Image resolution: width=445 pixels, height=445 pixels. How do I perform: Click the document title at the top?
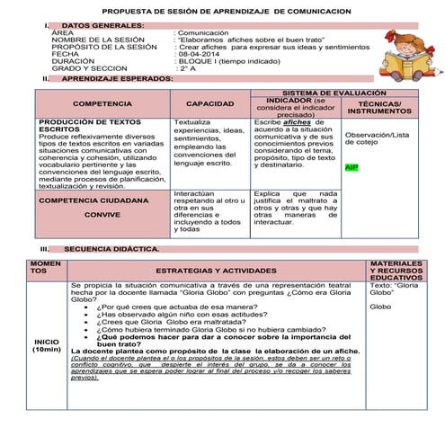(x=222, y=9)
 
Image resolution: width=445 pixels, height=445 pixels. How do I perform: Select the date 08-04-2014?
(x=198, y=54)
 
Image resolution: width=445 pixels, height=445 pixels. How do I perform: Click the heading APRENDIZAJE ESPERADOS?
(x=117, y=79)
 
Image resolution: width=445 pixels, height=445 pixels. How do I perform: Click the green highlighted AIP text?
(x=352, y=168)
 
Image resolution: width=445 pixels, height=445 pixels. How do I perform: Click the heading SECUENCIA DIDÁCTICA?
(x=111, y=248)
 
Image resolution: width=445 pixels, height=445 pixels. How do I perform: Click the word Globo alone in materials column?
(x=380, y=307)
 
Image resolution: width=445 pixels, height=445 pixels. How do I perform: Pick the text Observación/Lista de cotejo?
(x=377, y=138)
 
